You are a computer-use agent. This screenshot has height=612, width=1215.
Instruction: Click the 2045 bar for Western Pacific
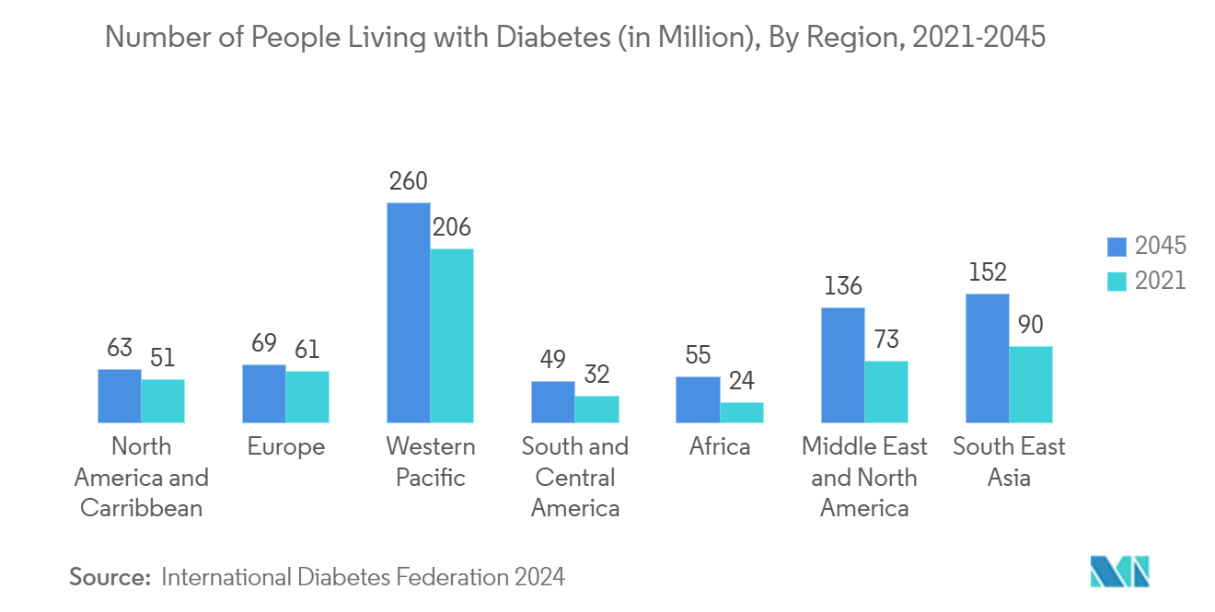coord(409,313)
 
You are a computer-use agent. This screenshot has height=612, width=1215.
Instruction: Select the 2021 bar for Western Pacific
coord(452,336)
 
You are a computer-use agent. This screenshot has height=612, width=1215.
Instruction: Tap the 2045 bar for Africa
coord(698,399)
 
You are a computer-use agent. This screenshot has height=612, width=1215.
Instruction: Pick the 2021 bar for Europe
coord(307,397)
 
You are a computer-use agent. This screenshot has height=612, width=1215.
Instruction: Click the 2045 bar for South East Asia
coord(988,358)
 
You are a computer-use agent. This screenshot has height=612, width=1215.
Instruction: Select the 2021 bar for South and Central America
coord(596,410)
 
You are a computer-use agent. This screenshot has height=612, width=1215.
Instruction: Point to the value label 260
coord(409,181)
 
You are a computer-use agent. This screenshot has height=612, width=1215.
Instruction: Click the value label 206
coord(452,227)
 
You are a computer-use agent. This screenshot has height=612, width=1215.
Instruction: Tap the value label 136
coord(843,286)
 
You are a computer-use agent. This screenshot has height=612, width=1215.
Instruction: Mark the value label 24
coord(741,381)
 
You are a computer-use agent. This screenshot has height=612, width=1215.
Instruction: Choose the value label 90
coord(1031,325)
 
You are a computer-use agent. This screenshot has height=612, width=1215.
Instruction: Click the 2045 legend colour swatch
coord(1117,247)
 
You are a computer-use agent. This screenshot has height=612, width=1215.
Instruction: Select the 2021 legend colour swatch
coord(1117,281)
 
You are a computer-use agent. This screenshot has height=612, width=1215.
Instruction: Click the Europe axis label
coord(286,447)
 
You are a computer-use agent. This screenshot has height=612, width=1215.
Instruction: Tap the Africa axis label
coord(720,447)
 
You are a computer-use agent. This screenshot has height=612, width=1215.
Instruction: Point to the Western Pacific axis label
coord(431,462)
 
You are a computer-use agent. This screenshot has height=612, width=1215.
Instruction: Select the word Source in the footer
coord(109,578)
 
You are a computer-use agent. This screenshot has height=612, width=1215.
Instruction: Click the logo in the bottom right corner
coord(1119,571)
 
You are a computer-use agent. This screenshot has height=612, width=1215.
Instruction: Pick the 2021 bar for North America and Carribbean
coord(163,400)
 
